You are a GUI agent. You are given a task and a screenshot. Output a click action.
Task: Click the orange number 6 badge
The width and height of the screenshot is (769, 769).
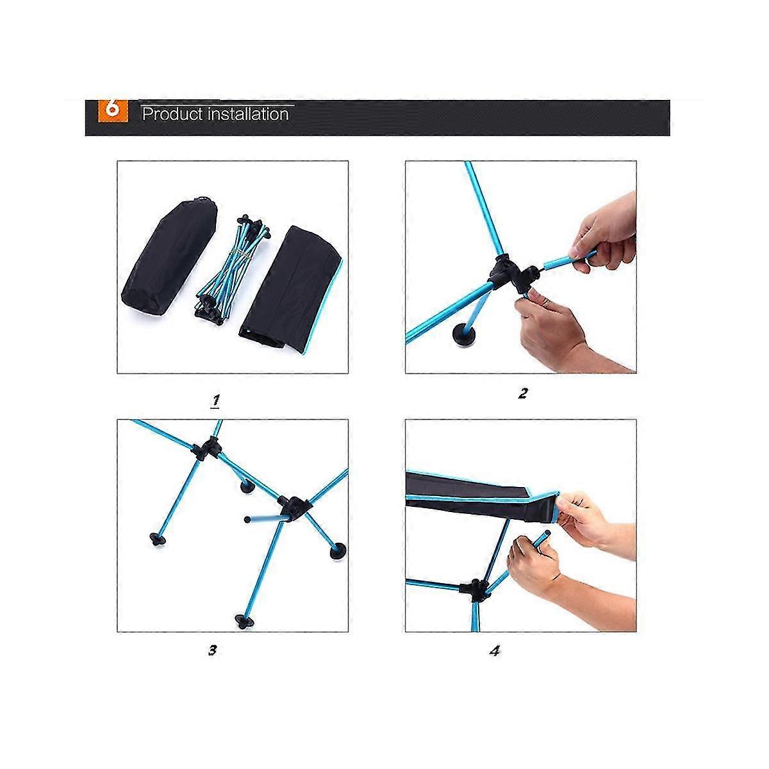pos(113,110)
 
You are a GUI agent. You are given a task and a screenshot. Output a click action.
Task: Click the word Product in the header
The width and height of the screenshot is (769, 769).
pos(172,114)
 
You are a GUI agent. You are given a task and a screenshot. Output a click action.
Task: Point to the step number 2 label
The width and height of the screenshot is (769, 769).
pos(523,393)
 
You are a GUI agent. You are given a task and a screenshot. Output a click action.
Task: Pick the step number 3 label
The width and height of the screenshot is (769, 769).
pos(213,650)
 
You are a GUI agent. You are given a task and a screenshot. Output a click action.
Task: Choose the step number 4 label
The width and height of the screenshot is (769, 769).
pos(495,651)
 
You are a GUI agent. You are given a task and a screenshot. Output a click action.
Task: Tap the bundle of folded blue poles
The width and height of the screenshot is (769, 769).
pos(231,268)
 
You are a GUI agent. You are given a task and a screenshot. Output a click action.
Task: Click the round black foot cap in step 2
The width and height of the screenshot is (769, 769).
pos(463,333)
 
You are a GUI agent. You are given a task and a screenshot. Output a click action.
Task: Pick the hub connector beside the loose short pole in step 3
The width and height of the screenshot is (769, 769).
pos(295,507)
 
